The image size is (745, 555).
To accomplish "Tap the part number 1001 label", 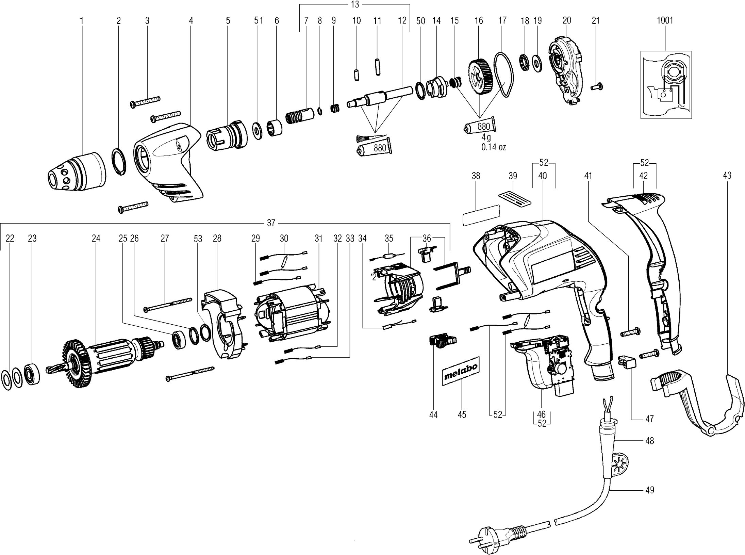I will coord(665,20).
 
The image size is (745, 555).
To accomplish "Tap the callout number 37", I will coord(271,223).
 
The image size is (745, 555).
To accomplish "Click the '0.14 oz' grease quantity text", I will coord(493,147).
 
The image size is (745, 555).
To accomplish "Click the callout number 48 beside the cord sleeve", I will coord(649,441).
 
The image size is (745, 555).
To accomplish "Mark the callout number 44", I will coord(433,415).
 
